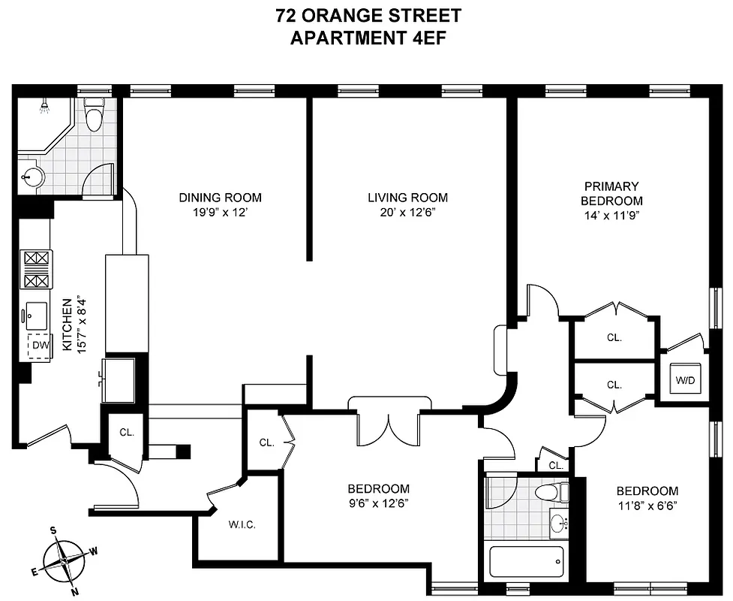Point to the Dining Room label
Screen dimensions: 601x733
pyautogui.click(x=220, y=198)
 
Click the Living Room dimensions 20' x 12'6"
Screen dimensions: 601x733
pyautogui.click(x=407, y=212)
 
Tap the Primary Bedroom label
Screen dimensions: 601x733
pyautogui.click(x=613, y=193)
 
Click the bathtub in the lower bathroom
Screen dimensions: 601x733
pyautogui.click(x=525, y=560)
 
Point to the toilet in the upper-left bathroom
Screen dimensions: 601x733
pyautogui.click(x=94, y=116)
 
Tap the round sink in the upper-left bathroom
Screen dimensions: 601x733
pyautogui.click(x=34, y=177)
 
